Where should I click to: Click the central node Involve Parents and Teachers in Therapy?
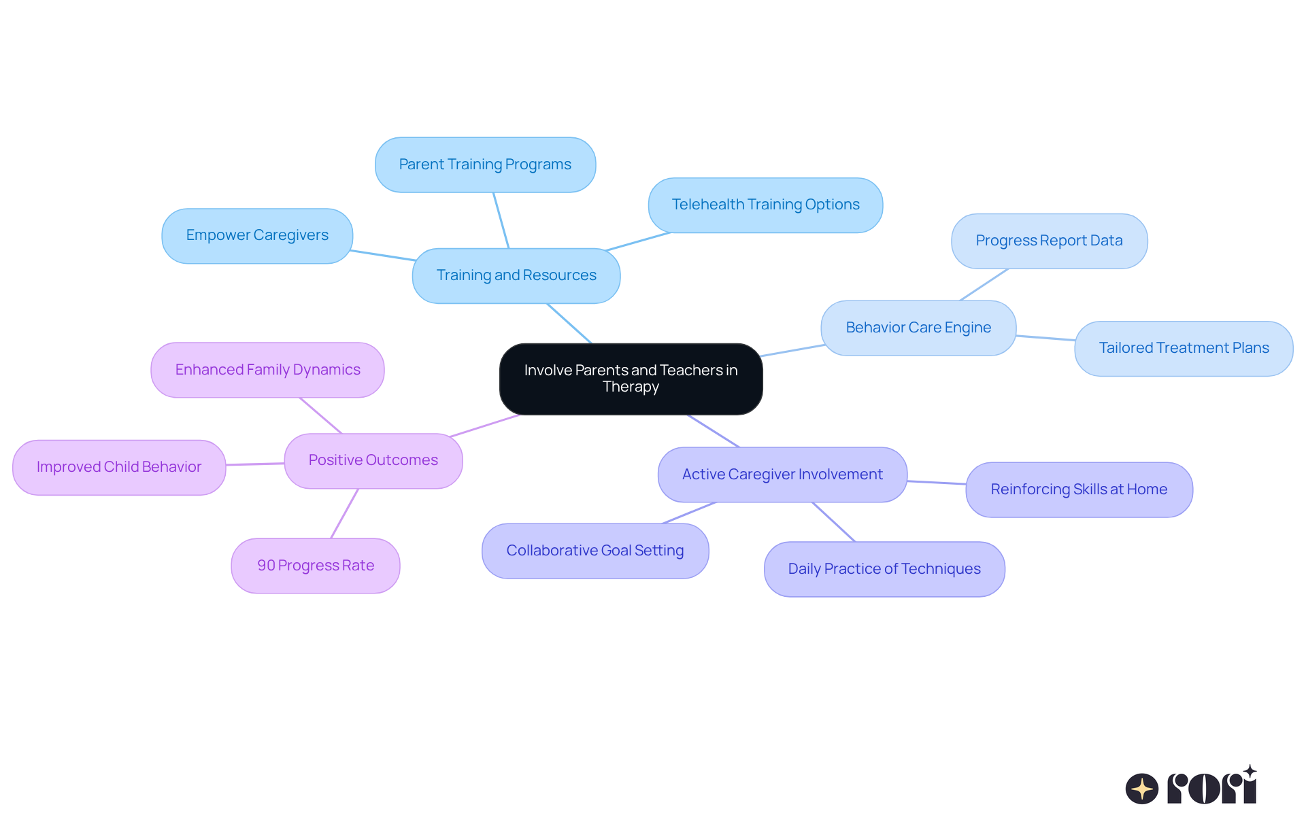pos(631,379)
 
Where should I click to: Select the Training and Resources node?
pos(516,275)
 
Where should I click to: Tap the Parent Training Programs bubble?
pos(485,165)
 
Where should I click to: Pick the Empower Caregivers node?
pos(257,235)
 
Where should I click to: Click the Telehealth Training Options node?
pos(765,205)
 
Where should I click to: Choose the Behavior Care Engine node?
pos(918,328)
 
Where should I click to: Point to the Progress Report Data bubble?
pos(1049,241)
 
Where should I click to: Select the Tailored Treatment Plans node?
pos(1184,348)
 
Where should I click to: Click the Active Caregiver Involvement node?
pos(782,475)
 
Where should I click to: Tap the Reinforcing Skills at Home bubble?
pos(1079,489)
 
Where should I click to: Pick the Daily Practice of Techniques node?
pos(884,569)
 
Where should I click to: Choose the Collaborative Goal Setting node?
pos(595,551)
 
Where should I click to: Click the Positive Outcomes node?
pos(373,460)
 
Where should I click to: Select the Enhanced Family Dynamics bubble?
pos(267,370)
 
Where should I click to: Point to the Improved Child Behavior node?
pos(119,467)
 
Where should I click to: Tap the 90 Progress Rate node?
pos(316,566)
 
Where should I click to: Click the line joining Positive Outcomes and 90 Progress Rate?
pos(345,513)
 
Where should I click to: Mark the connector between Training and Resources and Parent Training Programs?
pos(501,220)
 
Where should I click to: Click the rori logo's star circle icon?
pos(1141,789)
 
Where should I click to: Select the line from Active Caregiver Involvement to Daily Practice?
pos(834,522)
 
